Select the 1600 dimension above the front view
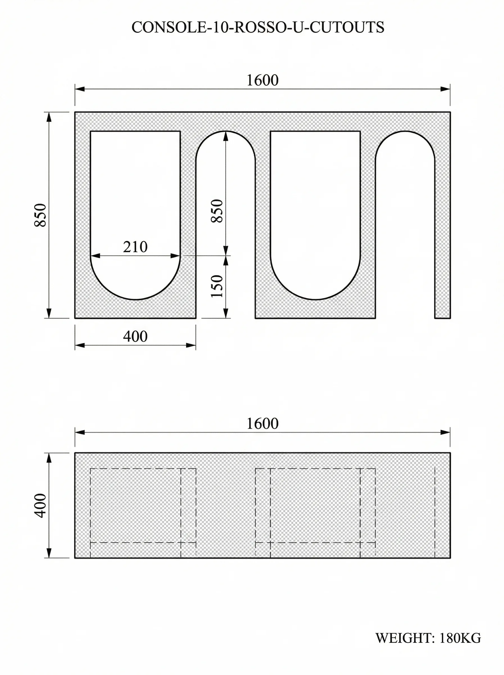[262, 80]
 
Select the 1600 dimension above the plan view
[262, 424]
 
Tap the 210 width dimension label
[135, 247]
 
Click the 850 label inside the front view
[217, 211]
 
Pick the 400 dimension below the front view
[135, 336]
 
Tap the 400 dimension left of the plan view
[40, 505]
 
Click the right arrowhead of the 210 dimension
[175, 256]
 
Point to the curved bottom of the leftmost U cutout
[135, 299]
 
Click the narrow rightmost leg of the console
[442, 244]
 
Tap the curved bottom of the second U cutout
[315, 299]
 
